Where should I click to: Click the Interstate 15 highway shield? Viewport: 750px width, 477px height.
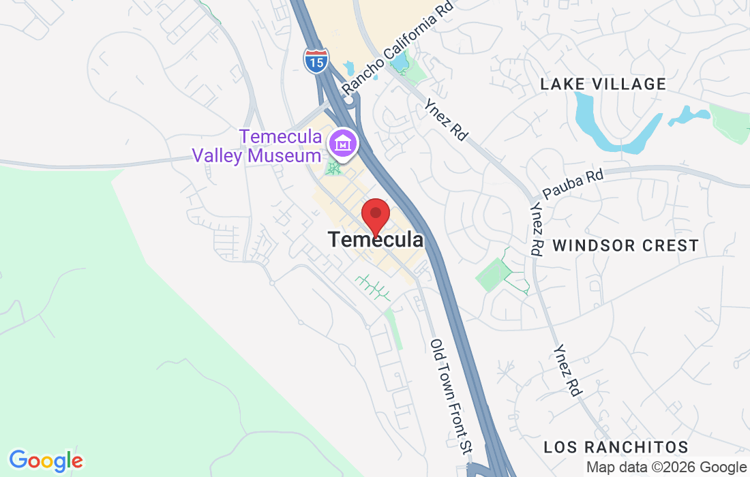click(316, 60)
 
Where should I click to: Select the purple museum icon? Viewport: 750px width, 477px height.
click(342, 144)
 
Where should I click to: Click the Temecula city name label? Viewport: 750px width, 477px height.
click(375, 240)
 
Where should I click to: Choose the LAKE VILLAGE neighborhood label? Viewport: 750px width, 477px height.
click(603, 84)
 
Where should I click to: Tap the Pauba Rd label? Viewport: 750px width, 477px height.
click(573, 184)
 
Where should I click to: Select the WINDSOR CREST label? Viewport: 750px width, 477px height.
click(625, 245)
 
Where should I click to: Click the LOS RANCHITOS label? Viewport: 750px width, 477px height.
click(616, 447)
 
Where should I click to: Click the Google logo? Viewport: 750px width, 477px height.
click(46, 461)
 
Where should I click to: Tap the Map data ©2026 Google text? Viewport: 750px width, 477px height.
click(666, 467)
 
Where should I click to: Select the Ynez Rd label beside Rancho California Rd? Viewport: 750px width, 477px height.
click(446, 120)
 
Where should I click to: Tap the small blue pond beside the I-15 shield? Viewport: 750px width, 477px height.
click(349, 68)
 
